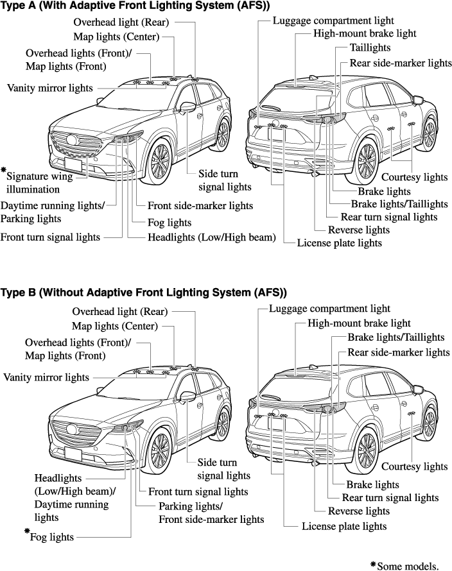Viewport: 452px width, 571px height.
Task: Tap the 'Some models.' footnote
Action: tap(407, 565)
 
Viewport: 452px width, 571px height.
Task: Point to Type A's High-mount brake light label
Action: tap(365, 33)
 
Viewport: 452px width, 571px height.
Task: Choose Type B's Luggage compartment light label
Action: tap(329, 309)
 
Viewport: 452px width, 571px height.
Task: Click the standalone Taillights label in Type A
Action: tap(370, 48)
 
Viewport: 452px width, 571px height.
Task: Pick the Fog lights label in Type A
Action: tap(169, 223)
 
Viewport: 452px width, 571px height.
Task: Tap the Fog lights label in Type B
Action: tap(52, 536)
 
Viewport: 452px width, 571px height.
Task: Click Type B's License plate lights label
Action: tap(344, 526)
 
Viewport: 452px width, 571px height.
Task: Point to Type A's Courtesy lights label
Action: tap(414, 177)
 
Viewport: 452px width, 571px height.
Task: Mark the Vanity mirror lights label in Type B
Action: tap(46, 377)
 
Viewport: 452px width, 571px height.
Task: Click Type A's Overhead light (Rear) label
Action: tap(121, 22)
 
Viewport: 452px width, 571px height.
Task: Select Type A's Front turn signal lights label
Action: tap(50, 237)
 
